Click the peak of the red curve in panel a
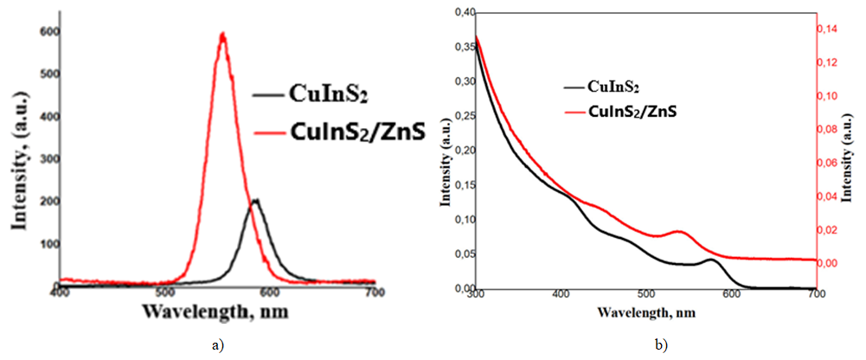223,34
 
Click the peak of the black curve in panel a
255,201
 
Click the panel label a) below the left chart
217,344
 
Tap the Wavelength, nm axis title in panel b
649,312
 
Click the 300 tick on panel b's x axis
475,296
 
